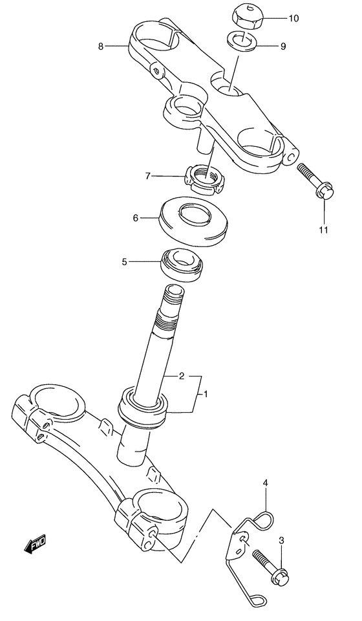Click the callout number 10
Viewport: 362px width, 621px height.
[293, 18]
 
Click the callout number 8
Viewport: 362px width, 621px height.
[100, 46]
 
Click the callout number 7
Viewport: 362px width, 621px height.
[148, 175]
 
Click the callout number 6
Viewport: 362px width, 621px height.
[136, 219]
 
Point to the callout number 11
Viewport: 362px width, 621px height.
[323, 230]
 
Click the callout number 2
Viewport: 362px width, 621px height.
[182, 375]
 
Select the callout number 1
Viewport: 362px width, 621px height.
[206, 393]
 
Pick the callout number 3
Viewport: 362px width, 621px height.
[281, 540]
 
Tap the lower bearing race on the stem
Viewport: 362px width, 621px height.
[142, 408]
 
